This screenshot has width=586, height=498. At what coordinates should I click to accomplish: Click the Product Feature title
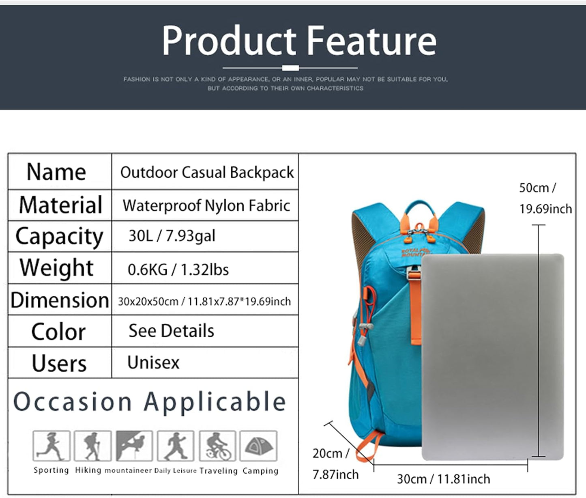coord(299,41)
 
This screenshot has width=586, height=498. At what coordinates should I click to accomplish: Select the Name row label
coord(56,172)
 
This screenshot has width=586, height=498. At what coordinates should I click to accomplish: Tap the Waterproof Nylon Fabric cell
coord(206,205)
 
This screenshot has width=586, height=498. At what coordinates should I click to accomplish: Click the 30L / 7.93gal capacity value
coord(172,236)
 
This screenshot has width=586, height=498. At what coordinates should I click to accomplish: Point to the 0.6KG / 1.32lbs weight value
coord(178,269)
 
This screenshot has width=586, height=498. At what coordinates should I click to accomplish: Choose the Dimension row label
coord(60,300)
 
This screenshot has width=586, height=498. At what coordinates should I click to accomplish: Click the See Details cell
coord(171,331)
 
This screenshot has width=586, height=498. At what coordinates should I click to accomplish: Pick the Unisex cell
coord(153,362)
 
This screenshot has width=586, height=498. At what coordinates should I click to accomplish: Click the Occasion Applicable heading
coord(150,402)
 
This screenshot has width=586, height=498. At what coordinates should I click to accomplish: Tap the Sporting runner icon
coord(51,446)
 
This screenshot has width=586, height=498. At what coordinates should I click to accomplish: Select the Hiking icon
coord(92,446)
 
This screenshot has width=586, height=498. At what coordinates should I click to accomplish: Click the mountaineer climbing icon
coord(134,446)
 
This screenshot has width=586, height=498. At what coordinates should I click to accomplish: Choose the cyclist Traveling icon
coord(217,446)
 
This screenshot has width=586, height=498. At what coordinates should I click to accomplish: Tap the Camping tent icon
coord(259,446)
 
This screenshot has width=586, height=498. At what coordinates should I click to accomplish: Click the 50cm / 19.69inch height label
coord(545,198)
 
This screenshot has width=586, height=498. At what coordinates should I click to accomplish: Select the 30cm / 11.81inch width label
coord(443,479)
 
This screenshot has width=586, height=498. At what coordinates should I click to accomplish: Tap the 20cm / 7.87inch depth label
coord(335,464)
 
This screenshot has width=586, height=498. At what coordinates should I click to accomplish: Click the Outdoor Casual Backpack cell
coord(207,172)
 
